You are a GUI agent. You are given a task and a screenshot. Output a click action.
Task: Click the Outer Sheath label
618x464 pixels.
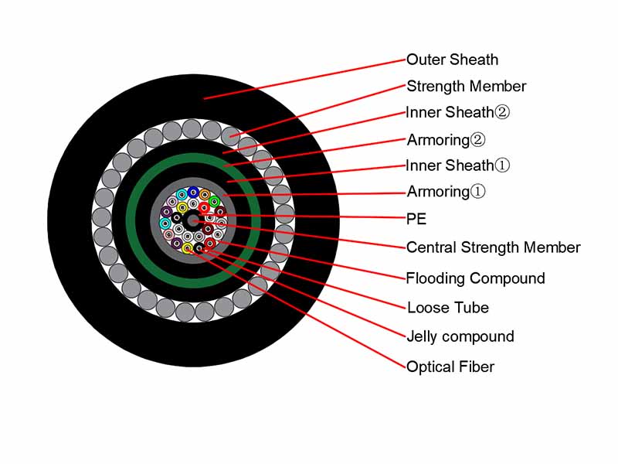452,60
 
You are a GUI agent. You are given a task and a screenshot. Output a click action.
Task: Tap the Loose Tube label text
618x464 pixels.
448,308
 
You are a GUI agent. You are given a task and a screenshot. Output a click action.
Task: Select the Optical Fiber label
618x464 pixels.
450,367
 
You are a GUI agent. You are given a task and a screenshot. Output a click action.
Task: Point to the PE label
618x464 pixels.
416,219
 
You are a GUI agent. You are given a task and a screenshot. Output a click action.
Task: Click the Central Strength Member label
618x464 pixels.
494,247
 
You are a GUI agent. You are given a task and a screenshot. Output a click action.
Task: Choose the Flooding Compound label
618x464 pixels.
476,278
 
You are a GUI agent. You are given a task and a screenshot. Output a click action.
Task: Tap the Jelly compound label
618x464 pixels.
460,336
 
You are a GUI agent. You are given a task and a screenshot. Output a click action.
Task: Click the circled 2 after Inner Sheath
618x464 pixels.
502,113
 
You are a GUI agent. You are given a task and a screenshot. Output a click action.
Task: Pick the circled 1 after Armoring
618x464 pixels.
478,192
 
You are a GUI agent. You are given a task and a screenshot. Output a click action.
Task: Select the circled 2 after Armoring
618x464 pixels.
478,141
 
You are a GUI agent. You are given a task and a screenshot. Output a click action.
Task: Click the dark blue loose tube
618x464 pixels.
193,193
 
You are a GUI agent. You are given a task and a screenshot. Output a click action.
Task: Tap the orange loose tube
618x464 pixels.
205,195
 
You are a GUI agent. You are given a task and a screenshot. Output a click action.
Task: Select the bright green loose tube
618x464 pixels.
214,202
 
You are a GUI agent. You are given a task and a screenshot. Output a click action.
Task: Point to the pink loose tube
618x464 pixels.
168,234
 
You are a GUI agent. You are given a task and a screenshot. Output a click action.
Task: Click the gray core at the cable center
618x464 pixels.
192,221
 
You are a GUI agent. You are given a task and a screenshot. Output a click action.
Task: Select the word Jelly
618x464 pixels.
422,336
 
